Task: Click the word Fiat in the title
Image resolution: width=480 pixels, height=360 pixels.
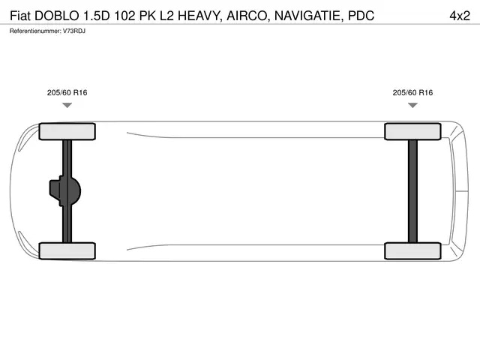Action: (x=20, y=16)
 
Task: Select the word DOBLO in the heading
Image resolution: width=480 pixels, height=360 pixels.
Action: (x=57, y=16)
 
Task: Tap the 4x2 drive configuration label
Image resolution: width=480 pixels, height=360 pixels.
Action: (x=460, y=16)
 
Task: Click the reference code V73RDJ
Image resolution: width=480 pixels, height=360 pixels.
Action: (x=74, y=31)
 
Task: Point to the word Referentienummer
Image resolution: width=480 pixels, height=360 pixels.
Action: (x=35, y=31)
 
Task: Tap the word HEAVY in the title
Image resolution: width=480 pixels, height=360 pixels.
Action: (x=200, y=16)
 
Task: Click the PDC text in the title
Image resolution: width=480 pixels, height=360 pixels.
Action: (x=361, y=16)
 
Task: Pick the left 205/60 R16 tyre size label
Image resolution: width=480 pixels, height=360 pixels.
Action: (x=67, y=92)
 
